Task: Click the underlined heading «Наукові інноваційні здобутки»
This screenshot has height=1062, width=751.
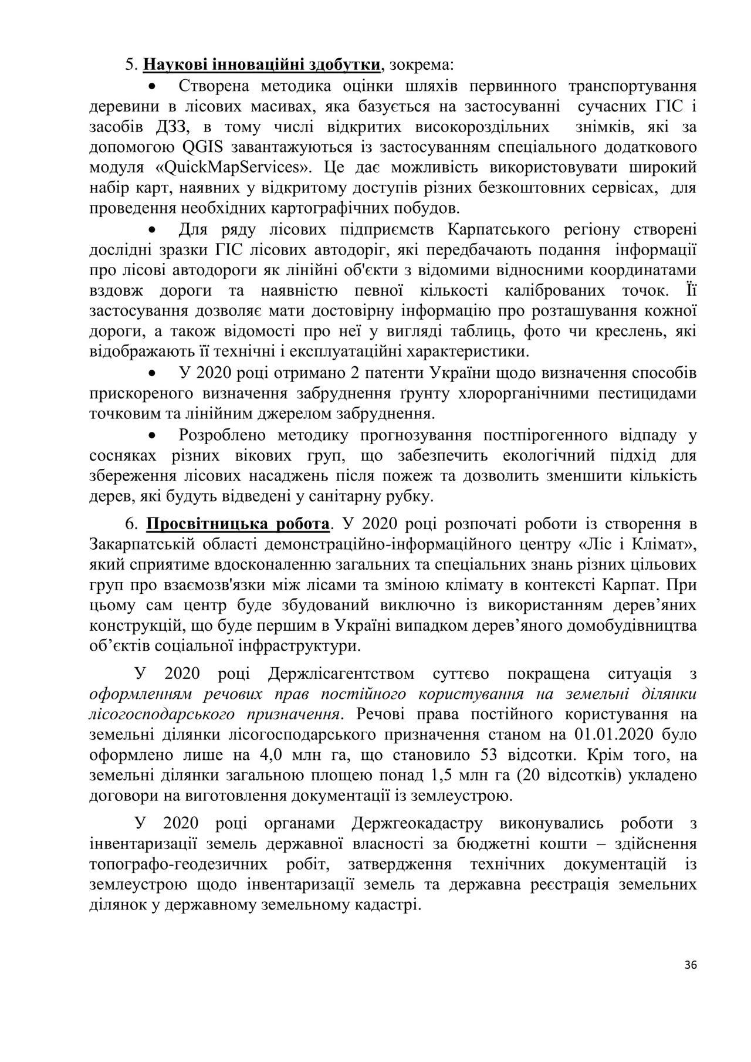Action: (261, 63)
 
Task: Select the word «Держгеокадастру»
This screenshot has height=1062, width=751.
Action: (417, 824)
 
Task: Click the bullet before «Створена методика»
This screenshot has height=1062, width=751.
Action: (153, 87)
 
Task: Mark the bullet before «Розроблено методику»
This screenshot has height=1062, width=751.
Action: (153, 436)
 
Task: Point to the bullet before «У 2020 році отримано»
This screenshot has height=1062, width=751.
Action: (153, 374)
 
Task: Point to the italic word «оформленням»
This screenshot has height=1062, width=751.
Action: (140, 694)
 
